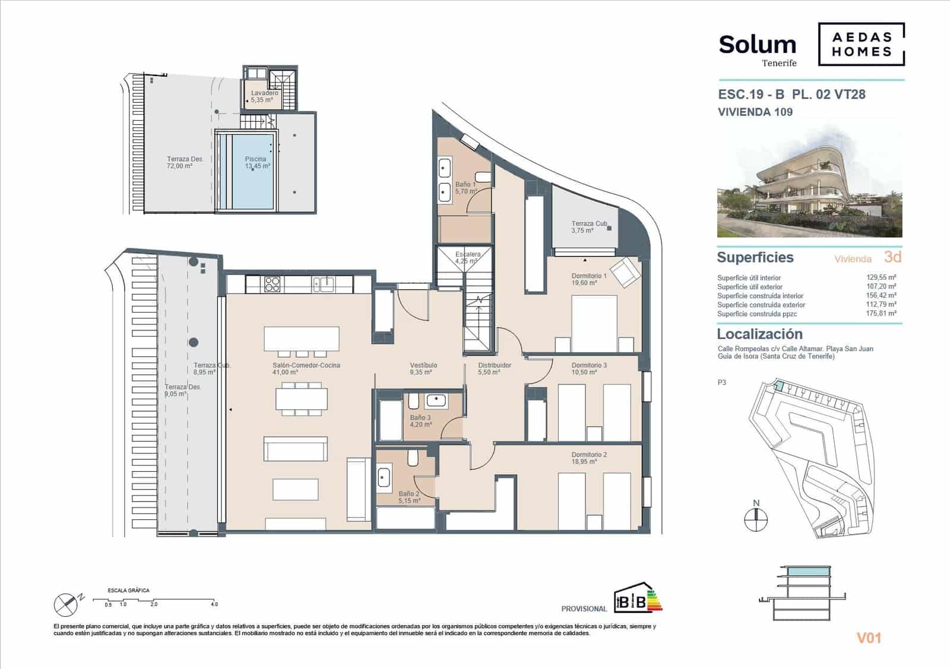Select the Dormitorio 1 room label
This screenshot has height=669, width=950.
pos(588,279)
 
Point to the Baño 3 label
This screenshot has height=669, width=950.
pos(420,421)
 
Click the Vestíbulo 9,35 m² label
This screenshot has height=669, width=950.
pos(423,368)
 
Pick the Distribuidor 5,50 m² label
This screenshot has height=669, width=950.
pos(494,368)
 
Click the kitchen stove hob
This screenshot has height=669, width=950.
pos(272,284)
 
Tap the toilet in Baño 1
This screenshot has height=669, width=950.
pos(484,176)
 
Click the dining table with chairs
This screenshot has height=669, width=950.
pos(301,398)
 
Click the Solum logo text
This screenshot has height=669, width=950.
pos(757,45)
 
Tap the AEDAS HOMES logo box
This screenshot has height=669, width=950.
pos(861,45)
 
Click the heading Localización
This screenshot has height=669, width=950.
pos(759,334)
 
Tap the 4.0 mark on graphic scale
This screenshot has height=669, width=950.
pos(214,604)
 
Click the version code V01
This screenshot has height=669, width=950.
pos(869,638)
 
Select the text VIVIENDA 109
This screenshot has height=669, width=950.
pos(755,112)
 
